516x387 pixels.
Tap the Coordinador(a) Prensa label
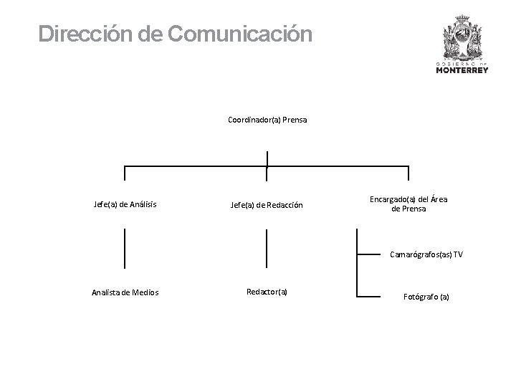coord(267,120)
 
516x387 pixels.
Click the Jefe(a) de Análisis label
coord(125,204)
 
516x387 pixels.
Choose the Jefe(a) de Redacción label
coord(267,205)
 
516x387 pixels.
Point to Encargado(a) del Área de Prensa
coord(408,204)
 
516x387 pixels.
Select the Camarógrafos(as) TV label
coord(426,254)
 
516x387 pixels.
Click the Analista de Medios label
coord(125,292)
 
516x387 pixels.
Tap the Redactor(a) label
coord(267,291)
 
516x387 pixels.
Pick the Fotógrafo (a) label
coord(426,296)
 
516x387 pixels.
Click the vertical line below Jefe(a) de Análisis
coord(125,248)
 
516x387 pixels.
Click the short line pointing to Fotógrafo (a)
coord(373,295)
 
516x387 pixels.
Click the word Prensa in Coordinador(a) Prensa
coord(295,120)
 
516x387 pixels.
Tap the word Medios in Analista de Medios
coord(146,292)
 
